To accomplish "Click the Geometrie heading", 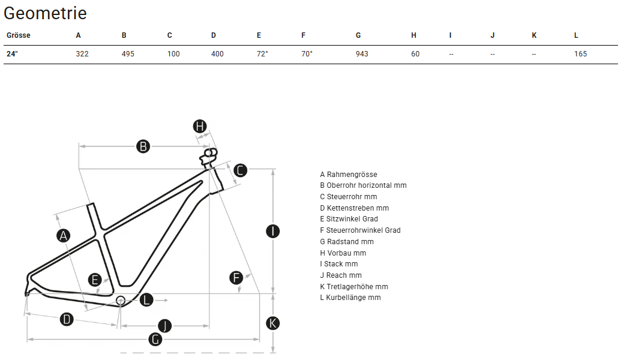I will pyautogui.click(x=45, y=13).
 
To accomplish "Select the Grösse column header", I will pyautogui.click(x=19, y=35).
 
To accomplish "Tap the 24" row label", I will pyautogui.click(x=12, y=54).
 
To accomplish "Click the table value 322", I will pyautogui.click(x=82, y=54).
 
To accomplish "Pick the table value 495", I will pyautogui.click(x=128, y=54).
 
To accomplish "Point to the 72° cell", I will pyautogui.click(x=262, y=54).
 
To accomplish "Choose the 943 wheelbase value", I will pyautogui.click(x=362, y=54).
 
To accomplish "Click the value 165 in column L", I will pyautogui.click(x=580, y=54).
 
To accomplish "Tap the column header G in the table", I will pyautogui.click(x=358, y=35).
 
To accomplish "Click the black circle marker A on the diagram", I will pyautogui.click(x=64, y=236).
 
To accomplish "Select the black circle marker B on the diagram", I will pyautogui.click(x=143, y=146).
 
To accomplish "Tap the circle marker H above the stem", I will pyautogui.click(x=200, y=126).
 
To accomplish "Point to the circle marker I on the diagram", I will pyautogui.click(x=273, y=231).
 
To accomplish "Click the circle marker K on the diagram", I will pyautogui.click(x=273, y=323).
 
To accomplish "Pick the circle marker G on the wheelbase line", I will pyautogui.click(x=155, y=339).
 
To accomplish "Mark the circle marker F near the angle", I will pyautogui.click(x=236, y=278).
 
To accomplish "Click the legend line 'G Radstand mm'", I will pyautogui.click(x=347, y=242).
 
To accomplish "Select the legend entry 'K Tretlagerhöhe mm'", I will pyautogui.click(x=354, y=287).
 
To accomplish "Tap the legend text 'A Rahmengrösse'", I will pyautogui.click(x=349, y=175).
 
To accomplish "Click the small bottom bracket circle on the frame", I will pyautogui.click(x=120, y=299).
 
